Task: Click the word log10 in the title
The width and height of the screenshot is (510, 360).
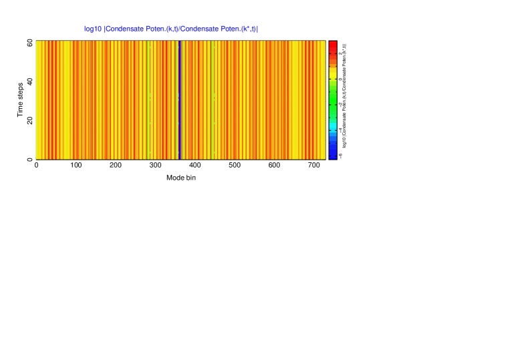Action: coord(93,29)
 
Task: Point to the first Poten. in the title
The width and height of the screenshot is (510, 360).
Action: coord(156,29)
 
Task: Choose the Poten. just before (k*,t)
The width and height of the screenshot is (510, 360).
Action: coord(231,29)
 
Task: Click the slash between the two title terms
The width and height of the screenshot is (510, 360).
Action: coord(179,29)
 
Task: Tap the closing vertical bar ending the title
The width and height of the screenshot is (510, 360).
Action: coord(257,29)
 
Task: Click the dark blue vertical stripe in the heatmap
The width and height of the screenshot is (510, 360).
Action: coord(179,100)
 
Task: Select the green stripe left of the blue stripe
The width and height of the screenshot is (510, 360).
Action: coord(148,100)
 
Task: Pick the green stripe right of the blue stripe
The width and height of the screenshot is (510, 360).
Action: coord(212,100)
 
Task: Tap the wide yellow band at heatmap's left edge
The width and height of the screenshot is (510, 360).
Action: coord(39,100)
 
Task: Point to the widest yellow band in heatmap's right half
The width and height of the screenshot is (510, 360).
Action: coord(295,100)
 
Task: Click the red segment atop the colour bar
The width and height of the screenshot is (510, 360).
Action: coord(333,45)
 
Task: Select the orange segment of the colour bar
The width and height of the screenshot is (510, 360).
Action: coord(333,60)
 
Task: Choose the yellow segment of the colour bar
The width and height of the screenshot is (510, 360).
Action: coord(333,72)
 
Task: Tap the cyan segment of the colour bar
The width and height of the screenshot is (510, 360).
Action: coord(333,125)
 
